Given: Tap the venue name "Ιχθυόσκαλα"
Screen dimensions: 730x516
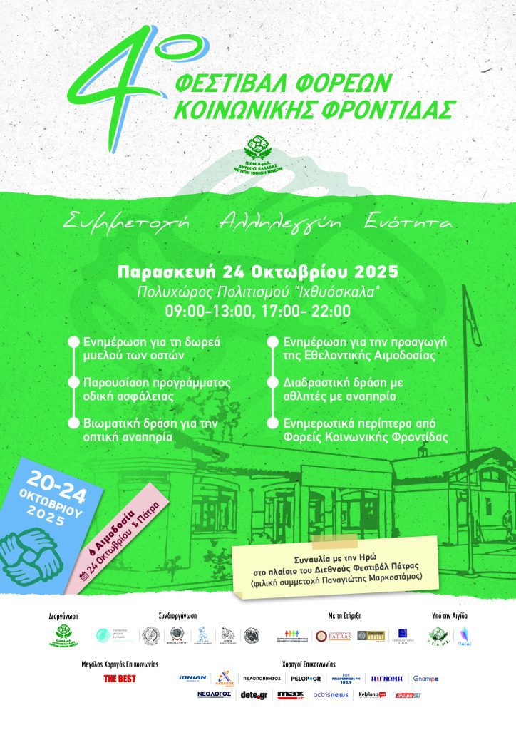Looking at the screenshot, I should (x=342, y=292).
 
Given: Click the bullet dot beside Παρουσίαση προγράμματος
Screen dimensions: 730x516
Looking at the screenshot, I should (x=73, y=383).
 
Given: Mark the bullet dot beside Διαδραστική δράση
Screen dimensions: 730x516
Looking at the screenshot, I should (x=272, y=383).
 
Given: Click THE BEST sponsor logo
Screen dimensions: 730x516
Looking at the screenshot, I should (x=120, y=679).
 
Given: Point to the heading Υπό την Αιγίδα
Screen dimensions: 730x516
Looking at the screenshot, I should (x=450, y=615).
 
